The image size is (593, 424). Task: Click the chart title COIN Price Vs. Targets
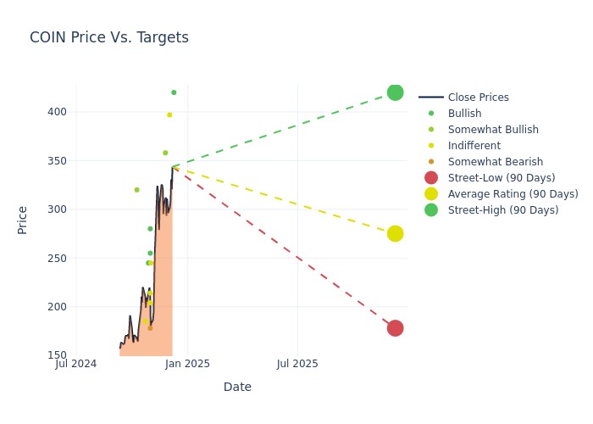coord(109,37)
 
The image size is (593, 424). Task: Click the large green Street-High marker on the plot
coord(395,92)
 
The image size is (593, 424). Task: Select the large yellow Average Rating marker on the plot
coord(395,233)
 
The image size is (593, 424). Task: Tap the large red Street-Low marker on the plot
coord(395,328)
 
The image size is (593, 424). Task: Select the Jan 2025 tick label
coord(187,364)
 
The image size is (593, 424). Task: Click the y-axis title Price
coord(23,220)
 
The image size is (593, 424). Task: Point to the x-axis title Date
coord(237,387)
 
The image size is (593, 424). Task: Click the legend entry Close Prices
coord(478,98)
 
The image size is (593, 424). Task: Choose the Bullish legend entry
coord(464,114)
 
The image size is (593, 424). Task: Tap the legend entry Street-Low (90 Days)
coord(501,178)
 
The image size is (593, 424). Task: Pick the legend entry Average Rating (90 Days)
coord(513,194)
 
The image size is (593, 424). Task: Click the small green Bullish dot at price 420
coord(174,92)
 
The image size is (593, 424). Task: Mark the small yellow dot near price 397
coord(169,114)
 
